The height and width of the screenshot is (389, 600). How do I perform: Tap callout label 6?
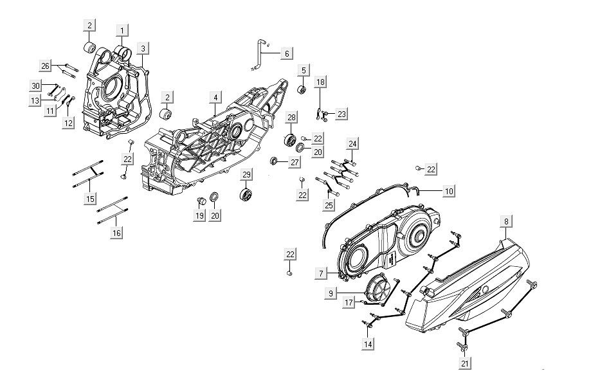286,53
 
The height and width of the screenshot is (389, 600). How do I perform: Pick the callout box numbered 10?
449,191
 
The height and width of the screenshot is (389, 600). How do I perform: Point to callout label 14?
368,344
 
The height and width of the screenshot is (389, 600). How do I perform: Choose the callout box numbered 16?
116,233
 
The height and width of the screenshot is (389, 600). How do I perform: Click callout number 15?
89,199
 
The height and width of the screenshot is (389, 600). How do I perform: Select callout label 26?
45,66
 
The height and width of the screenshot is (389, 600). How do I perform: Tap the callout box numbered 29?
246,175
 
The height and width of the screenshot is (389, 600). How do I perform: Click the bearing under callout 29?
244,194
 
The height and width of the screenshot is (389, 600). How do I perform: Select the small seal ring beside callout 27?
275,159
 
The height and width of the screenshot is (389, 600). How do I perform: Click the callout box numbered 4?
216,98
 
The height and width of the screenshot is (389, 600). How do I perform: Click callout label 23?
341,114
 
